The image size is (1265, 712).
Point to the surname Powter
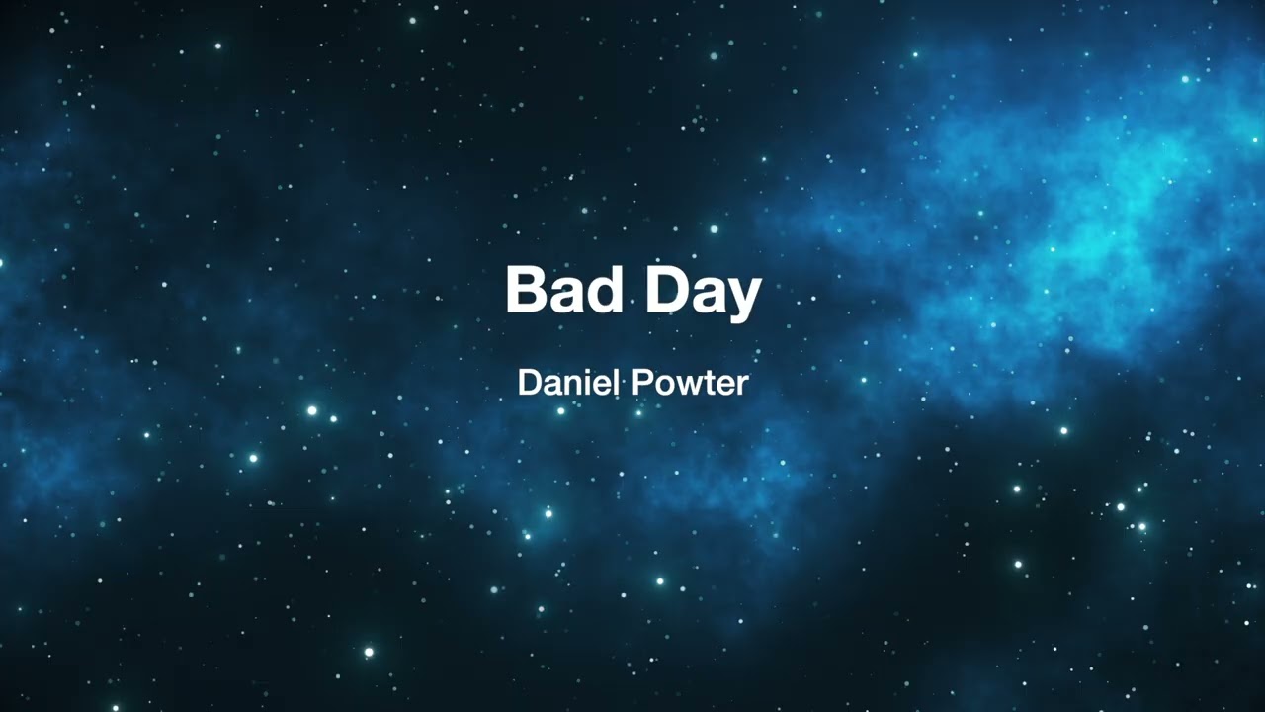tap(690, 383)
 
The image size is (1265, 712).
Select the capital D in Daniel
tap(528, 383)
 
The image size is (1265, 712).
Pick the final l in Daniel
tap(607, 383)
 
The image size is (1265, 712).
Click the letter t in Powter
tap(706, 384)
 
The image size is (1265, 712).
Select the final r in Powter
tap(741, 386)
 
